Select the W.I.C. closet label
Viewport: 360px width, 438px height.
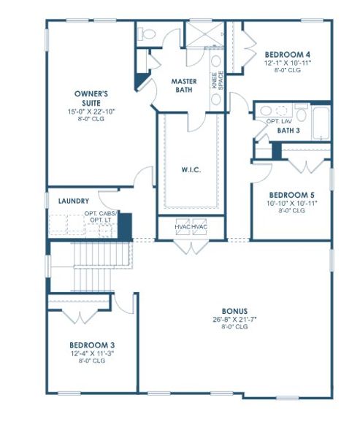click(191, 171)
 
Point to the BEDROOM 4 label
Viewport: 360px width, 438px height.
click(288, 54)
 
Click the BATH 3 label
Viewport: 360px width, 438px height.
click(288, 130)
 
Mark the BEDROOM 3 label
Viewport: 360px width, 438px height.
click(91, 345)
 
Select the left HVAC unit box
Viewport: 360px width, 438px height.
click(182, 227)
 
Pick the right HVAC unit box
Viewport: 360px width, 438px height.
click(199, 227)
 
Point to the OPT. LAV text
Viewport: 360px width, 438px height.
click(279, 120)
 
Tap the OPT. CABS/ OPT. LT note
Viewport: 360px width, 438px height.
click(101, 216)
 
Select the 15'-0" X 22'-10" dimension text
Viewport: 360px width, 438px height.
click(91, 111)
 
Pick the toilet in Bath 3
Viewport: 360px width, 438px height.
click(264, 111)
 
